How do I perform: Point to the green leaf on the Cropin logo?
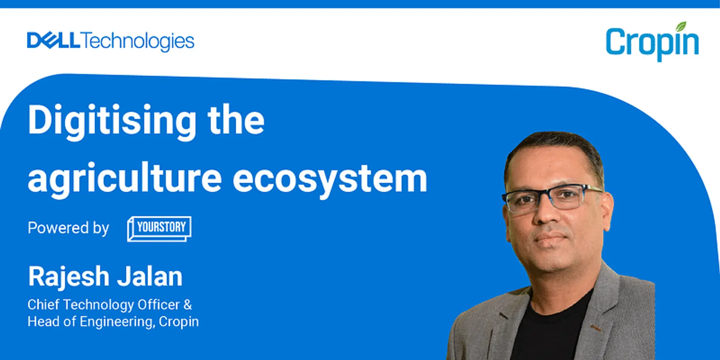pyautogui.click(x=681, y=27)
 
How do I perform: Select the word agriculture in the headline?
pyautogui.click(x=124, y=179)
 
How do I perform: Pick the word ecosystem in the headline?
pyautogui.click(x=330, y=179)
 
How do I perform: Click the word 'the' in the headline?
pyautogui.click(x=236, y=121)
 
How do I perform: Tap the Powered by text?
pyautogui.click(x=68, y=228)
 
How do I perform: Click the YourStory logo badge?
pyautogui.click(x=159, y=228)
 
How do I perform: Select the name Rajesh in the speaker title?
pyautogui.click(x=68, y=277)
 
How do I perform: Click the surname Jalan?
pyautogui.click(x=150, y=277)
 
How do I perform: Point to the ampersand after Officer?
pyautogui.click(x=187, y=304)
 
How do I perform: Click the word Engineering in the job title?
pyautogui.click(x=116, y=322)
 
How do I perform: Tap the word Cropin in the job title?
pyautogui.click(x=178, y=322)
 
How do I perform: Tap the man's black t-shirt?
pyautogui.click(x=547, y=330)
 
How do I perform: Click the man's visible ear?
pyautogui.click(x=607, y=210)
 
